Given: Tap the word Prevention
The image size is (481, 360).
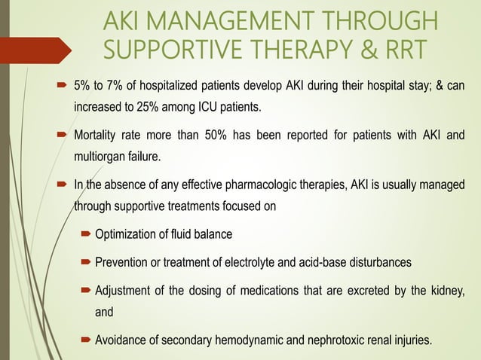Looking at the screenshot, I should coord(123,263).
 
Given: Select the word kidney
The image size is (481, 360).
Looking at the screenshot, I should coord(445,290).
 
